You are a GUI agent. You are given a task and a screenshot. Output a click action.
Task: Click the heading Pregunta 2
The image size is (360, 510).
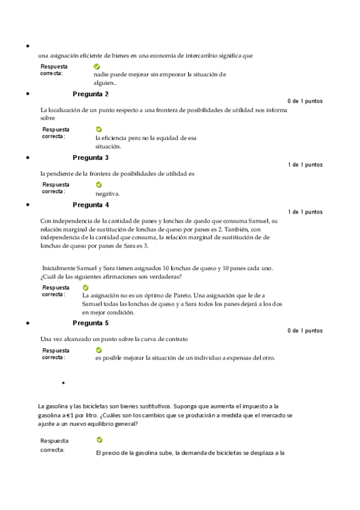[x=91, y=94]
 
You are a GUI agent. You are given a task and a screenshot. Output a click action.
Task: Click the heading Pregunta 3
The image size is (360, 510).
[x=91, y=158]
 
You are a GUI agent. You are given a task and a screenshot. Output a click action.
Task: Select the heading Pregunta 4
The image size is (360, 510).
[x=91, y=204]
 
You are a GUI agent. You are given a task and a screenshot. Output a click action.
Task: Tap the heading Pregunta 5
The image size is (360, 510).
[x=91, y=323]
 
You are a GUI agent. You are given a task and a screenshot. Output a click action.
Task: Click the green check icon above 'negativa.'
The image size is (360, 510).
[x=99, y=185]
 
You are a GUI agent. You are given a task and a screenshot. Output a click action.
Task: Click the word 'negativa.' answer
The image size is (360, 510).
[x=108, y=194]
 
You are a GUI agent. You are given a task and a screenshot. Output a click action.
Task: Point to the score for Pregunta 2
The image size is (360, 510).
[x=305, y=101]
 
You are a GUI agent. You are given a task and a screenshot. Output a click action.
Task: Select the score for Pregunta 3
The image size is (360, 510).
[x=305, y=165]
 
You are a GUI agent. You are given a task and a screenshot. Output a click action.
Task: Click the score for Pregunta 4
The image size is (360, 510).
[x=305, y=212]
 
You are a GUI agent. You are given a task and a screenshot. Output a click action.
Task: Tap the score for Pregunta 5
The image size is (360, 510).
[x=305, y=330]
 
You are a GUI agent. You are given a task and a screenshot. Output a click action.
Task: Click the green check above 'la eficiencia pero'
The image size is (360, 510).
[x=99, y=129]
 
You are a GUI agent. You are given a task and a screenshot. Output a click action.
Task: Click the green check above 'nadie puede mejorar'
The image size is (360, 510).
[x=97, y=66]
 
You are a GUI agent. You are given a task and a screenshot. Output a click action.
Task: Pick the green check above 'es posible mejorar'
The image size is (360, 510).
[x=99, y=349]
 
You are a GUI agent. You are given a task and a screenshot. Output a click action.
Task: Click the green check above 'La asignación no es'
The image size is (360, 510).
[x=85, y=287]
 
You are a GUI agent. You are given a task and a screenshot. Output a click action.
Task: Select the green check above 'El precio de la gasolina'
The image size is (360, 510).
[x=99, y=440]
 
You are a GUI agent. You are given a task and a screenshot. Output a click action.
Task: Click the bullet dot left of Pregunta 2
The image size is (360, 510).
[x=28, y=94]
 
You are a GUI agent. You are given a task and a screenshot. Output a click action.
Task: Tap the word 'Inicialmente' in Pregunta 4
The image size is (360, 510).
[x=59, y=267]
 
